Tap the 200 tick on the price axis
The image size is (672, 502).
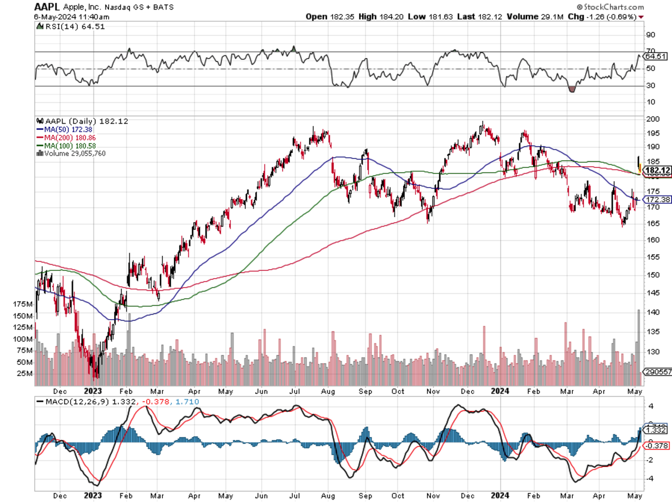[652, 119]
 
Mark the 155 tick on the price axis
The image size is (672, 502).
[652, 256]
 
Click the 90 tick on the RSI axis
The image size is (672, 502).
[651, 35]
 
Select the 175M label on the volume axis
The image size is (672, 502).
[22, 304]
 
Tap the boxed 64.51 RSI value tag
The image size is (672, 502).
[656, 57]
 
